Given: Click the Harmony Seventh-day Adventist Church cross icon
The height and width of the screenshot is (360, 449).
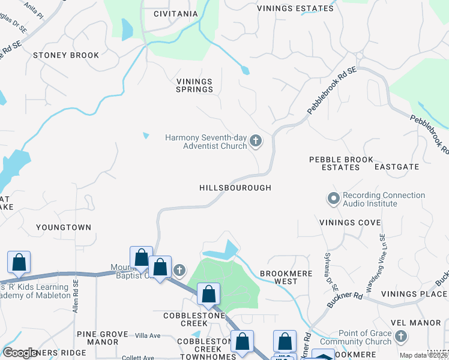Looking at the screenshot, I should [x=256, y=142].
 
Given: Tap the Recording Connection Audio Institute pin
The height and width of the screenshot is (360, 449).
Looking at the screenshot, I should [x=333, y=197].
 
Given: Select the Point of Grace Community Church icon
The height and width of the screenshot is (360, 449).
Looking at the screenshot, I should [x=402, y=337].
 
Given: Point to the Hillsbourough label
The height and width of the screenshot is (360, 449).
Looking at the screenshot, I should [x=235, y=188].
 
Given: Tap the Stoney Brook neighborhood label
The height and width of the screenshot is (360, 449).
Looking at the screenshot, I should [x=66, y=55].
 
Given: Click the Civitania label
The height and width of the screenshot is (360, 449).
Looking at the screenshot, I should [x=175, y=14].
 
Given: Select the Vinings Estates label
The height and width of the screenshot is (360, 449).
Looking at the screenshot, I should [x=295, y=8].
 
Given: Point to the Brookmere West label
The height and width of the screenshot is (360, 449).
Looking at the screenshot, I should [x=279, y=277].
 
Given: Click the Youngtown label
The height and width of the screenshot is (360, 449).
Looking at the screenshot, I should [x=64, y=227].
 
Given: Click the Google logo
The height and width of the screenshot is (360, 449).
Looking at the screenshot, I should [x=20, y=352].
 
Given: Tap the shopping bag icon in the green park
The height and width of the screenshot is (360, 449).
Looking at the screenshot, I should [x=208, y=294].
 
